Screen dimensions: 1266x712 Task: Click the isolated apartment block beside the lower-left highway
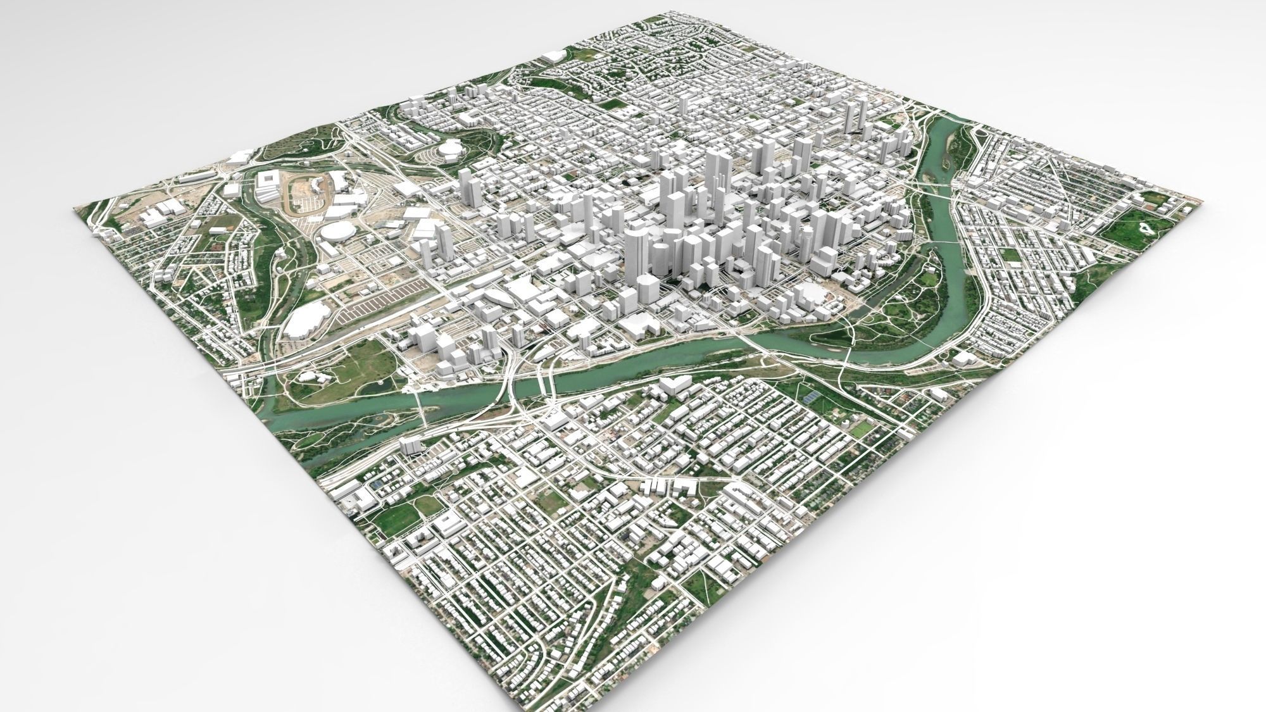pos(411,446)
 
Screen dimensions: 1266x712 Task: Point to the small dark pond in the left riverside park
pos(382,384)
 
